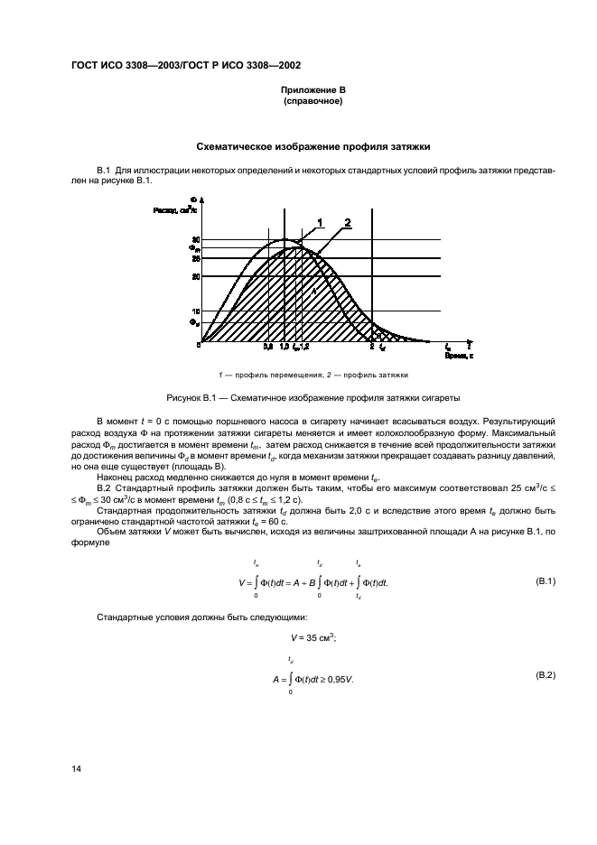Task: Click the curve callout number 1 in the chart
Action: [x=319, y=221]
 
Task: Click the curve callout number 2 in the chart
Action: [x=347, y=221]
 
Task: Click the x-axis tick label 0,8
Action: [x=268, y=347]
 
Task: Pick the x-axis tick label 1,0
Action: [x=285, y=347]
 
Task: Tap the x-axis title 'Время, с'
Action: [x=459, y=356]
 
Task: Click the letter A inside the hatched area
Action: [x=314, y=291]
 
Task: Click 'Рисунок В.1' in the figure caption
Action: [x=191, y=397]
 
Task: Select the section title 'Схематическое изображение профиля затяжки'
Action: [x=312, y=145]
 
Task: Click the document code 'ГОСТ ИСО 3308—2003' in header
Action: [x=125, y=65]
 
